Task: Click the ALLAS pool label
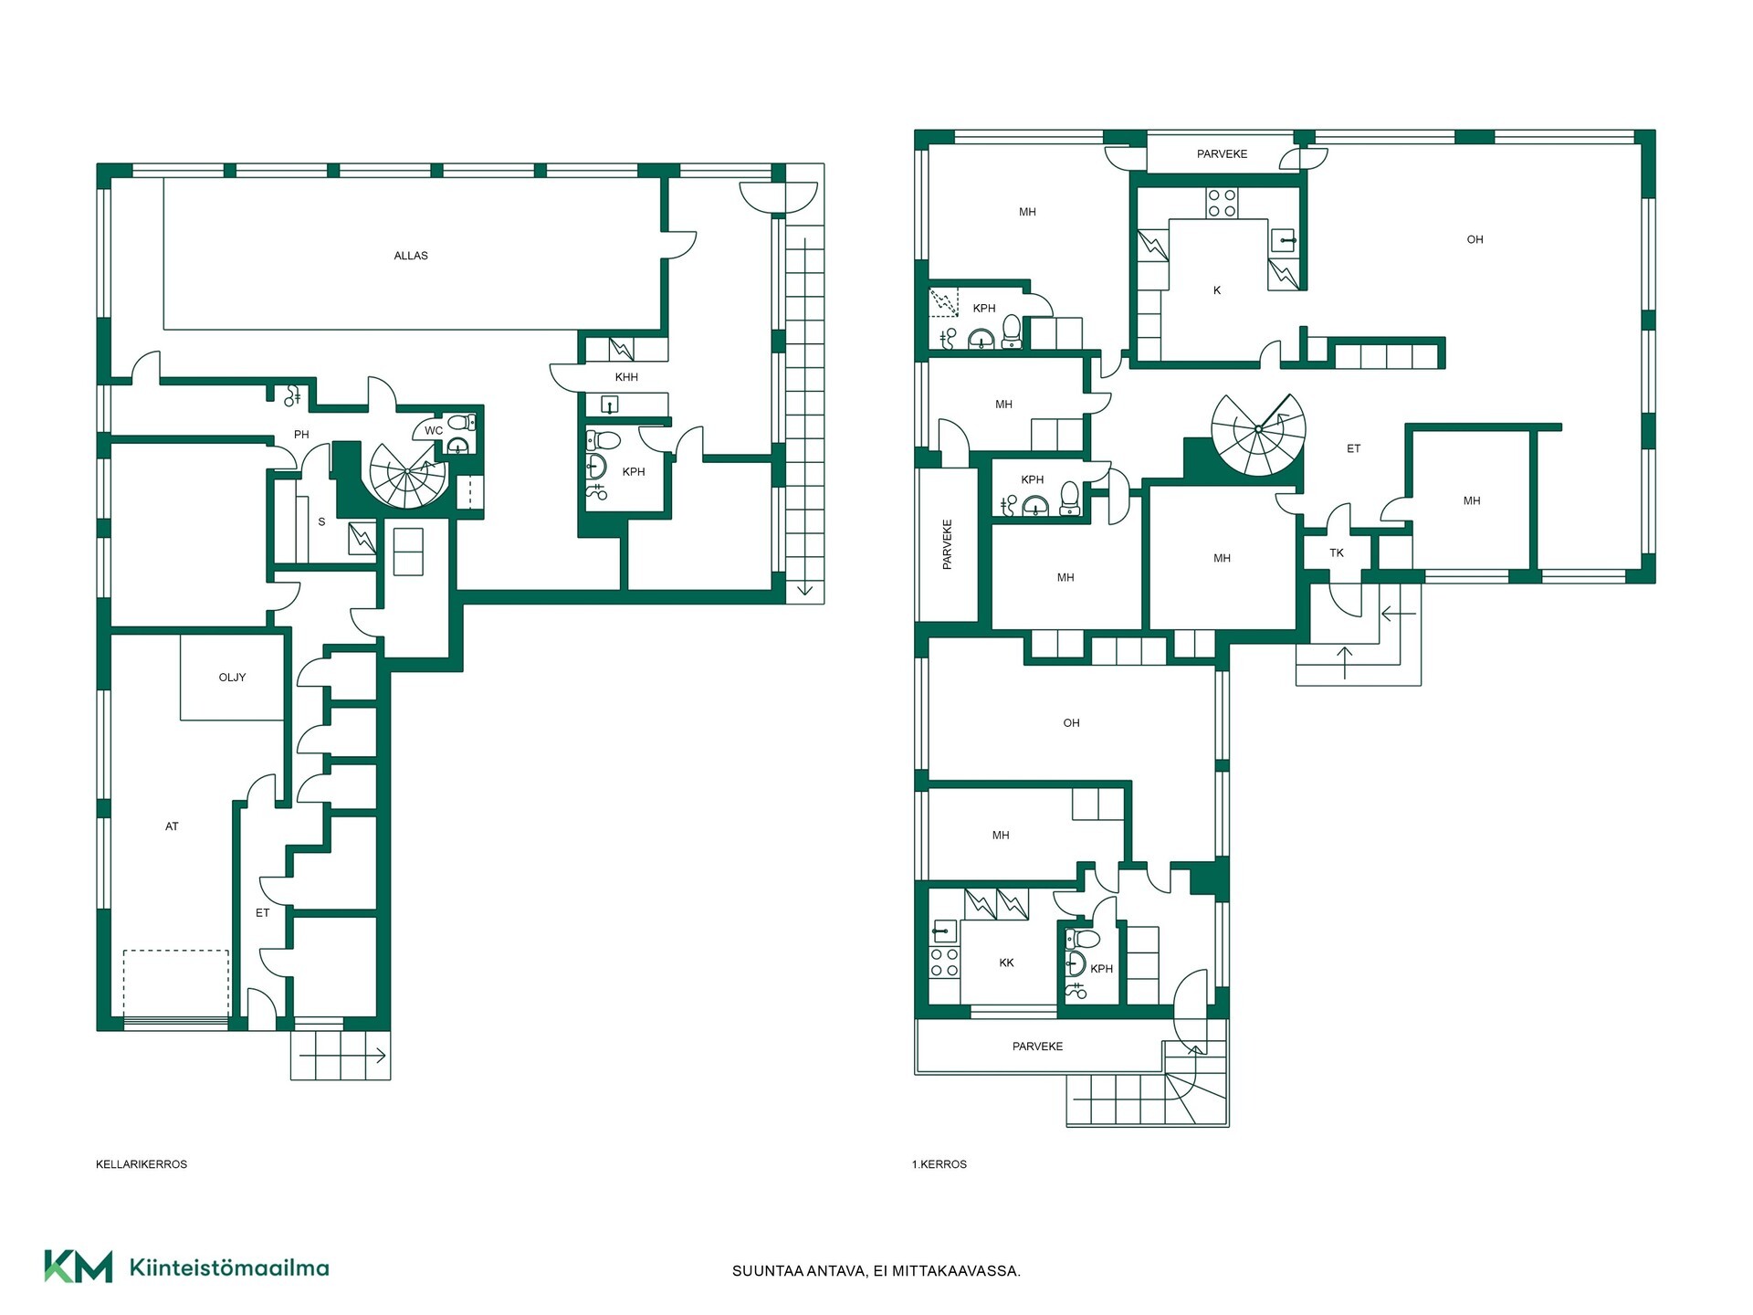click(411, 256)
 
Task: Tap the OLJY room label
click(232, 678)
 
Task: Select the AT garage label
click(172, 826)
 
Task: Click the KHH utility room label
click(626, 377)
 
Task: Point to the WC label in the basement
click(434, 431)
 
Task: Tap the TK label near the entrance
click(1337, 552)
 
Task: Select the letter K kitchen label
click(1217, 290)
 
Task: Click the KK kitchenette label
click(1006, 963)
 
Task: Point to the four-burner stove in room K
click(1222, 203)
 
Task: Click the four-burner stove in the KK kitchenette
click(944, 963)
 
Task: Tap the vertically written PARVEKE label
click(947, 544)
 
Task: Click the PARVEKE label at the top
click(1222, 154)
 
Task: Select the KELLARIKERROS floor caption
click(142, 1164)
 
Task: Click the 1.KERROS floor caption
click(939, 1164)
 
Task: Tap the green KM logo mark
click(79, 1267)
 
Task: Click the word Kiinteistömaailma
click(229, 1268)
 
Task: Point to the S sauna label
click(321, 522)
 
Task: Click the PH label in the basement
click(301, 435)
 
